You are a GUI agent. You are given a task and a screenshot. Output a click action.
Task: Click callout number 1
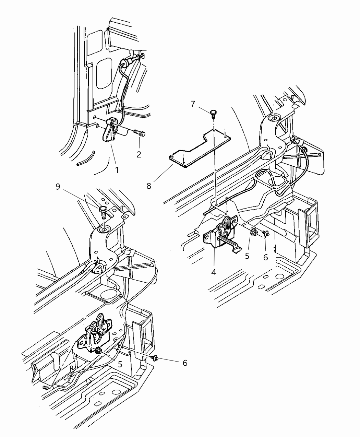pos(117,169)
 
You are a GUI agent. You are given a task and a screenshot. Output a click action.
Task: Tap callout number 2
pos(139,154)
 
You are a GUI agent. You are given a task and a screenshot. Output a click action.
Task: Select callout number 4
pos(214,273)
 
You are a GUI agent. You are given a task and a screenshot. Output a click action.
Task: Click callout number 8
pos(148,186)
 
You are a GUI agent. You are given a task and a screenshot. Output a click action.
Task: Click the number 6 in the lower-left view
pos(185,363)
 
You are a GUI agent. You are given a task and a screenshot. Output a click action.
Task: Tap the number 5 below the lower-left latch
pos(120,364)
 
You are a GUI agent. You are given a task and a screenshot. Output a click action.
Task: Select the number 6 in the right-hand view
pos(265,257)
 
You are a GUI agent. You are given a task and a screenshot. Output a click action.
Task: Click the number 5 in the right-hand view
pos(247,256)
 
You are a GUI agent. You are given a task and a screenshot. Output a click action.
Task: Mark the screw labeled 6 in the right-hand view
pos(265,234)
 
